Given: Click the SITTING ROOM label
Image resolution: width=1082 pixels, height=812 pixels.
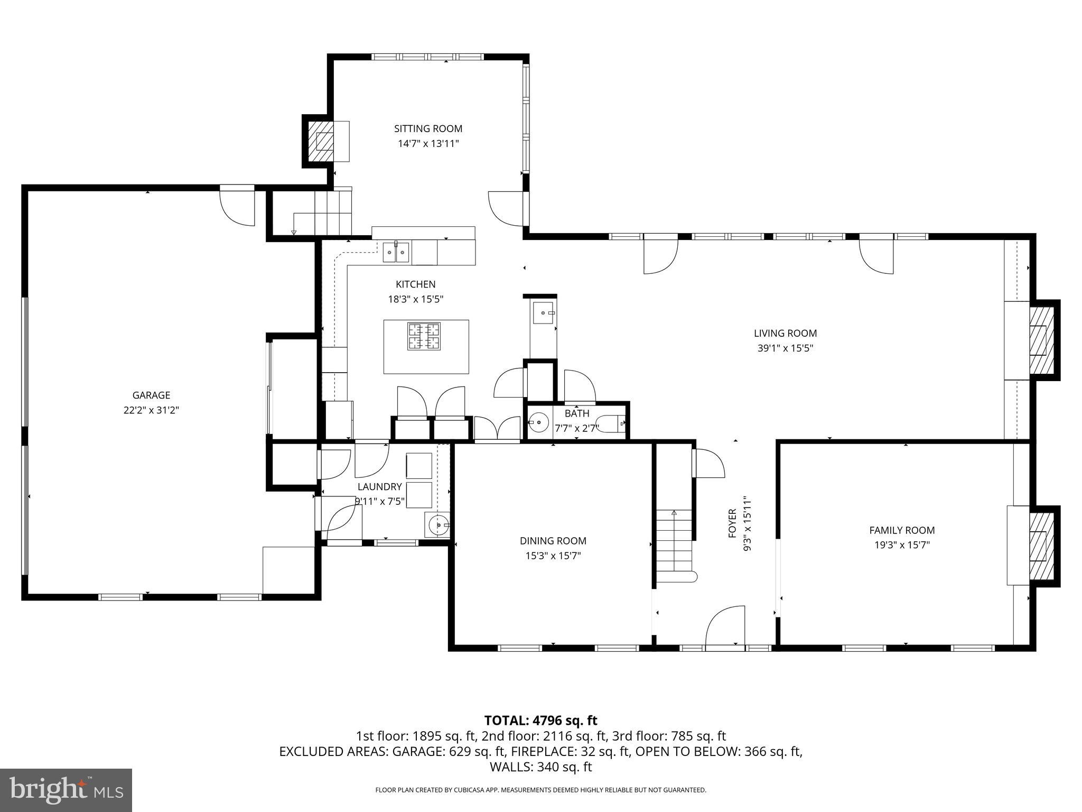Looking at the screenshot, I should pyautogui.click(x=428, y=128).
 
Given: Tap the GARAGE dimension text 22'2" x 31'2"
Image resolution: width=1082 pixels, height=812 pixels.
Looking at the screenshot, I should pyautogui.click(x=152, y=410).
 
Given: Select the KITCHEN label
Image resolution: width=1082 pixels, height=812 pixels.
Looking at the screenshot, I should pyautogui.click(x=415, y=284).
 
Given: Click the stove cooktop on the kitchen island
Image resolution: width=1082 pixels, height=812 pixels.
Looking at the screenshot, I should pyautogui.click(x=424, y=336).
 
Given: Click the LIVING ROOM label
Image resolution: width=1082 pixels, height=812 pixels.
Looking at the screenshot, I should pyautogui.click(x=785, y=333).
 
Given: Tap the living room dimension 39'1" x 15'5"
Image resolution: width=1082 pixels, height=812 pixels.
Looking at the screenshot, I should pyautogui.click(x=785, y=348).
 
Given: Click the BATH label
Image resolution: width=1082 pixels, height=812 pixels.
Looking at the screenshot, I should pyautogui.click(x=576, y=413).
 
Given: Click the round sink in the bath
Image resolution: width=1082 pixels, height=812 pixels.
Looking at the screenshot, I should pyautogui.click(x=538, y=422).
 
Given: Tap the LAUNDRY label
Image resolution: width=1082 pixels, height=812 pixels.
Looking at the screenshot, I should pyautogui.click(x=379, y=487).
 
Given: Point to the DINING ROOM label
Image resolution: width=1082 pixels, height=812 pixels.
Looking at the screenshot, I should pyautogui.click(x=553, y=541).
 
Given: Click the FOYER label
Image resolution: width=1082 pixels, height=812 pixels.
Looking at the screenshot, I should pyautogui.click(x=732, y=523).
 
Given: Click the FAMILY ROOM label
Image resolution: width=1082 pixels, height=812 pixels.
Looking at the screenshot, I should pyautogui.click(x=902, y=530).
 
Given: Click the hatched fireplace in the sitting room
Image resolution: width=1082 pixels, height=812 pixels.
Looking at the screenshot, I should pyautogui.click(x=321, y=141).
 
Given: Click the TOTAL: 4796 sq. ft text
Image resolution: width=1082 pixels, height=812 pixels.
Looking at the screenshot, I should pyautogui.click(x=540, y=720).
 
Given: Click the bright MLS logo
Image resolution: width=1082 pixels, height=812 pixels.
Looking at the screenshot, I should pyautogui.click(x=66, y=790).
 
